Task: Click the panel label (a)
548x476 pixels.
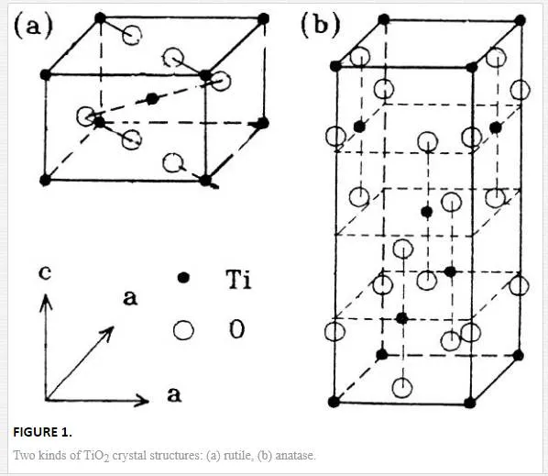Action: coord(33,26)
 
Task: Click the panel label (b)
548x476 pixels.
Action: coord(321,26)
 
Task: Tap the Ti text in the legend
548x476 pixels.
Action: coord(238,279)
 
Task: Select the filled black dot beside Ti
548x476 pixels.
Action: coord(183,278)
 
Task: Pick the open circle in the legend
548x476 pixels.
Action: coord(183,330)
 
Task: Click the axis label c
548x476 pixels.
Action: coord(45,272)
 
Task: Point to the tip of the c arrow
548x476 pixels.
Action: coord(46,294)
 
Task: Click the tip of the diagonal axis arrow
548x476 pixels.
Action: coord(114,327)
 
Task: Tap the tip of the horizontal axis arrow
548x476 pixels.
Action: coord(148,400)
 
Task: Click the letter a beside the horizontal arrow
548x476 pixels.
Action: coord(174,394)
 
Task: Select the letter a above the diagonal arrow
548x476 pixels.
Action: coord(130,298)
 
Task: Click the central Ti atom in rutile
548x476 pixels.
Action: coord(152,99)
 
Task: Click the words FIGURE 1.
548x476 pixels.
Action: coord(43,432)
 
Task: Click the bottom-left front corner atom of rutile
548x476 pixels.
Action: coord(45,180)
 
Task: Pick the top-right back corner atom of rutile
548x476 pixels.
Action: coord(263,18)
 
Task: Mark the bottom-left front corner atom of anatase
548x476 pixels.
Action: coord(334,402)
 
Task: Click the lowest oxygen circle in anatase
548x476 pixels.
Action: coord(402,388)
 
